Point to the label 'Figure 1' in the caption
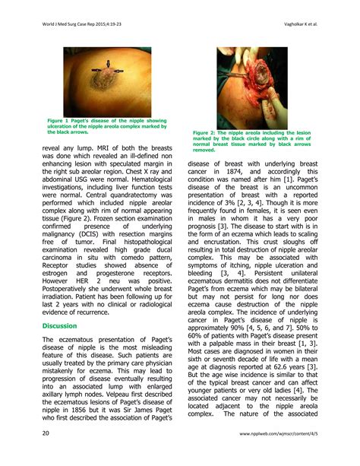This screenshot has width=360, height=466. [58, 120]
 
